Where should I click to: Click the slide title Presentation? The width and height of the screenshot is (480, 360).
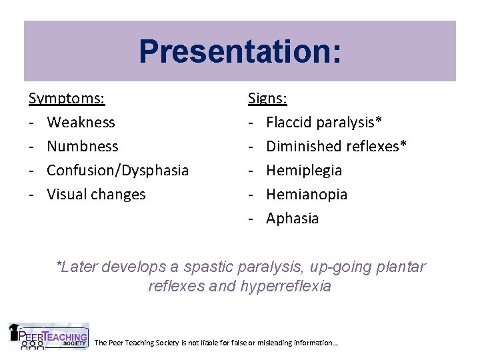pyautogui.click(x=240, y=51)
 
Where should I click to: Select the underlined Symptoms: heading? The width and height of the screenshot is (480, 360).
pyautogui.click(x=67, y=99)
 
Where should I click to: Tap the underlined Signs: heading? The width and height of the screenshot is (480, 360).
pyautogui.click(x=267, y=99)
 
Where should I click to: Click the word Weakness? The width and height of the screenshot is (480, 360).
pyautogui.click(x=81, y=123)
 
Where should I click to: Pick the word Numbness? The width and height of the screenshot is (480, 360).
pyautogui.click(x=83, y=147)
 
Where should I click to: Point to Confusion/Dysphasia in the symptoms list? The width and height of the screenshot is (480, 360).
pyautogui.click(x=118, y=171)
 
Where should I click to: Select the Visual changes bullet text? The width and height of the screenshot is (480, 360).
pyautogui.click(x=96, y=195)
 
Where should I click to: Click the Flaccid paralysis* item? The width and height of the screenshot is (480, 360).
pyautogui.click(x=324, y=123)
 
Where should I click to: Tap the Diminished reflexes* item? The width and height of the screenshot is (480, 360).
pyautogui.click(x=337, y=147)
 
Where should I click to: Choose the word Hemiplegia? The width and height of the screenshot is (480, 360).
pyautogui.click(x=304, y=171)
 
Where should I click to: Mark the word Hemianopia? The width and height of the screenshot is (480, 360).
pyautogui.click(x=307, y=195)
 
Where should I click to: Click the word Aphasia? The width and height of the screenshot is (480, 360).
pyautogui.click(x=293, y=219)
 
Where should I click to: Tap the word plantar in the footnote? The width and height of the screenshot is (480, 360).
pyautogui.click(x=402, y=267)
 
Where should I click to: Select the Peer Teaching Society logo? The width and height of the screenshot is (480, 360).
pyautogui.click(x=48, y=336)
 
